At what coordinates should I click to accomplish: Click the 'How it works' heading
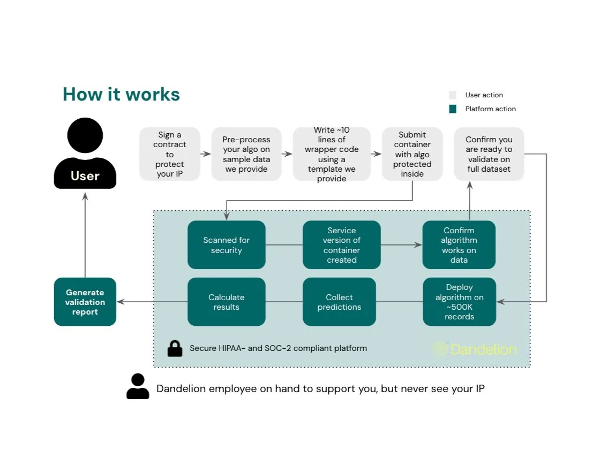coord(121,94)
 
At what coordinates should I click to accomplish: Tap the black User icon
coord(85,153)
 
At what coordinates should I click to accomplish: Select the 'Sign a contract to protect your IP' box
coord(169,154)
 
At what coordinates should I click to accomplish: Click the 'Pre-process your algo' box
coord(246,154)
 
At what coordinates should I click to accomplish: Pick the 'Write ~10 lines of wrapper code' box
coord(332,154)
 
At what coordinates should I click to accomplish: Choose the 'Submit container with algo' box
coord(412,154)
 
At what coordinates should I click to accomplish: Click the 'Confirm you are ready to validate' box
coord(489,154)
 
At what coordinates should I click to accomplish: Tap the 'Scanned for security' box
coord(227,244)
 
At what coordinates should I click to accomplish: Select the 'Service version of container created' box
coord(342,244)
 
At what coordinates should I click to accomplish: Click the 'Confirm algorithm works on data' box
coord(459,244)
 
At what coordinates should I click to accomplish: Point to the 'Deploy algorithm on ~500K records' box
coord(459,302)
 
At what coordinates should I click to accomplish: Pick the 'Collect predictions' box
coord(339,302)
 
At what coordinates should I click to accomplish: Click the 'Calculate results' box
coord(227,302)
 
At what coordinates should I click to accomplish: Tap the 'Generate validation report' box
coord(85,302)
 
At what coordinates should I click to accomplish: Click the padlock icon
coord(175,349)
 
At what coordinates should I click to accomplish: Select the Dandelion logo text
coord(483,349)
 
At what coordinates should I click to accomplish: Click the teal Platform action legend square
coord(453,109)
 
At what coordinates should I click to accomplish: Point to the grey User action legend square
coord(453,95)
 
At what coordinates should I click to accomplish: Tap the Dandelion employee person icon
coord(138,386)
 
